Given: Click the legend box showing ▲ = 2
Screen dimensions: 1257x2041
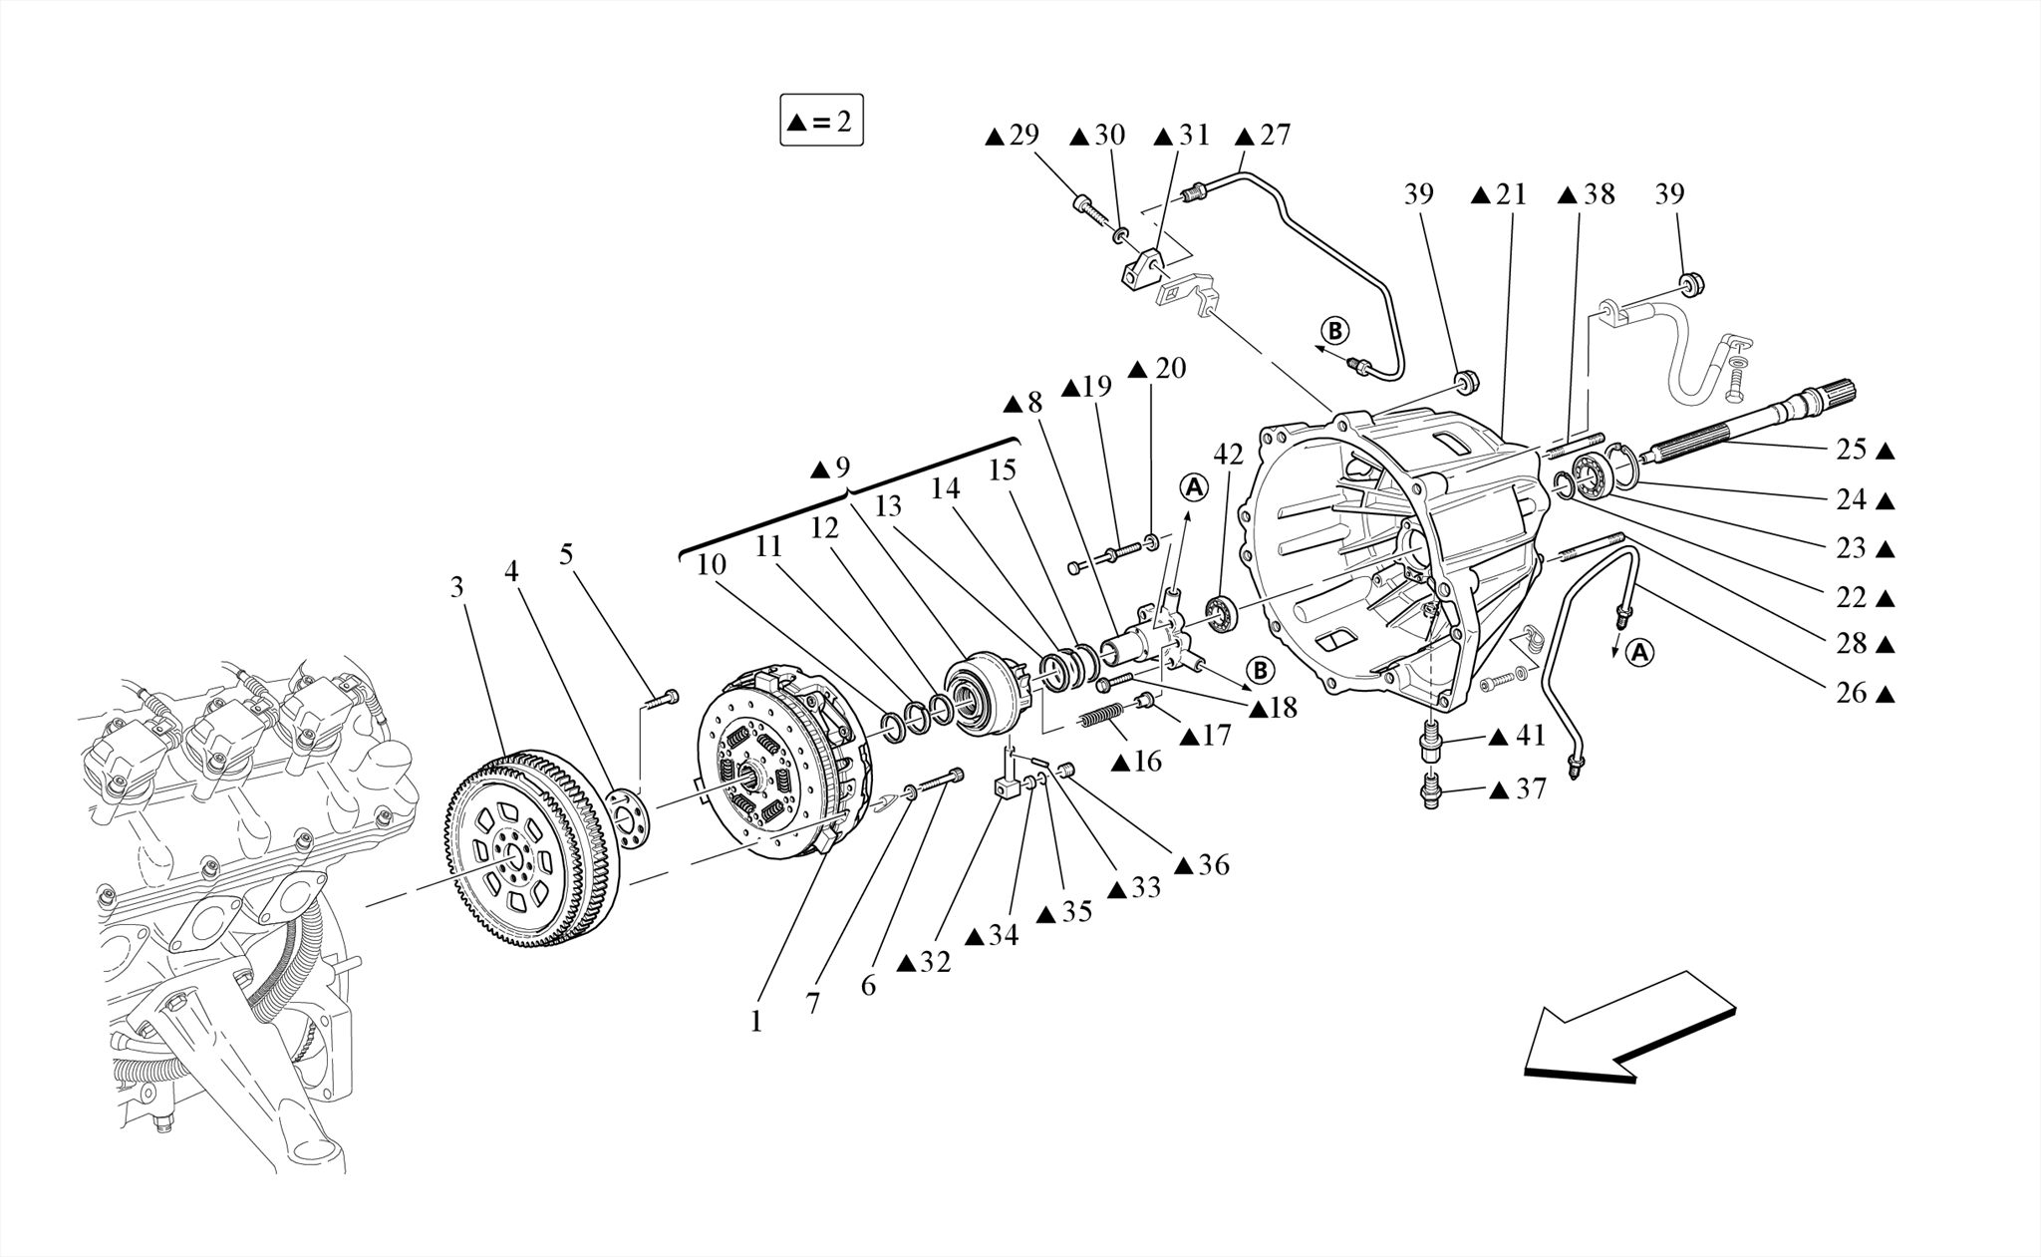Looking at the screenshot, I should pos(821,121).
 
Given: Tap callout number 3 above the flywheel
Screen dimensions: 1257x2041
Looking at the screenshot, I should pos(456,587).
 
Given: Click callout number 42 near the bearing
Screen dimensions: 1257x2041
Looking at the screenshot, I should pos(1228,455).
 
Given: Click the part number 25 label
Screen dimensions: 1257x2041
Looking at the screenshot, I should pos(1852,450).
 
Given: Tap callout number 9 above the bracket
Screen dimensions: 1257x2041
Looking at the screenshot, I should pos(843,467).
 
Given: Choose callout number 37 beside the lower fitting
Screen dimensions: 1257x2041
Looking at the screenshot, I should pos(1531,789).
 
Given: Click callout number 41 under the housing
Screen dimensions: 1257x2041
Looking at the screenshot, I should pos(1531,737).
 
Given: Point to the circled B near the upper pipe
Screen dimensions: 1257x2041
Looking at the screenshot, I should pos(1334,330).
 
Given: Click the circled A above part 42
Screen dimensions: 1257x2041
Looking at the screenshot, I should pos(1193,487).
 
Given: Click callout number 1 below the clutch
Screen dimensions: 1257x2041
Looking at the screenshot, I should pos(755,1022).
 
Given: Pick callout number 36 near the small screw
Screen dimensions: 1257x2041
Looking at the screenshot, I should pos(1213,864).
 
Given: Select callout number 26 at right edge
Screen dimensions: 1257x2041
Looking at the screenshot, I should pos(1852,693).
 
